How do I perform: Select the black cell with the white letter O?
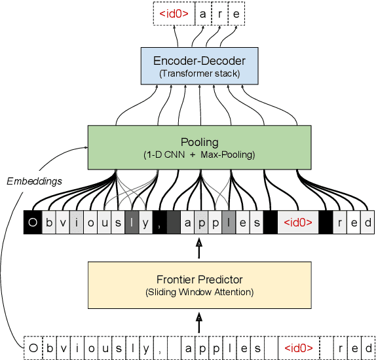tap(31, 223)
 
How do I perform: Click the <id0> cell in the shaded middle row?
tap(298, 223)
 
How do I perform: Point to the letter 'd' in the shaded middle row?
tap(369, 223)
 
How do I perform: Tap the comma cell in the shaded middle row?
tap(159, 223)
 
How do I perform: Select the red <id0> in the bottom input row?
tap(298, 347)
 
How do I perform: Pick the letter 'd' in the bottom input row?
tap(369, 347)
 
